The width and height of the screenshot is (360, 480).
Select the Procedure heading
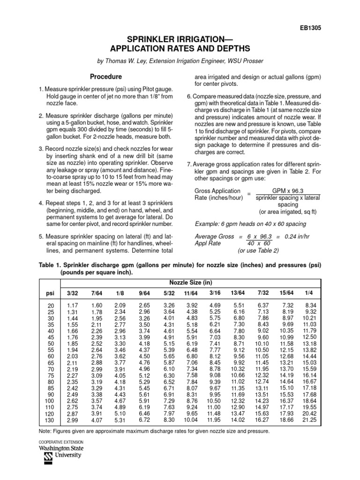[x=106, y=76]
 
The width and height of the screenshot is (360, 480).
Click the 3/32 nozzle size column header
[x=73, y=293]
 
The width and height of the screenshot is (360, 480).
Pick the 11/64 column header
[x=190, y=293]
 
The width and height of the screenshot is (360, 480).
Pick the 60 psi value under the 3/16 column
[x=214, y=357]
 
